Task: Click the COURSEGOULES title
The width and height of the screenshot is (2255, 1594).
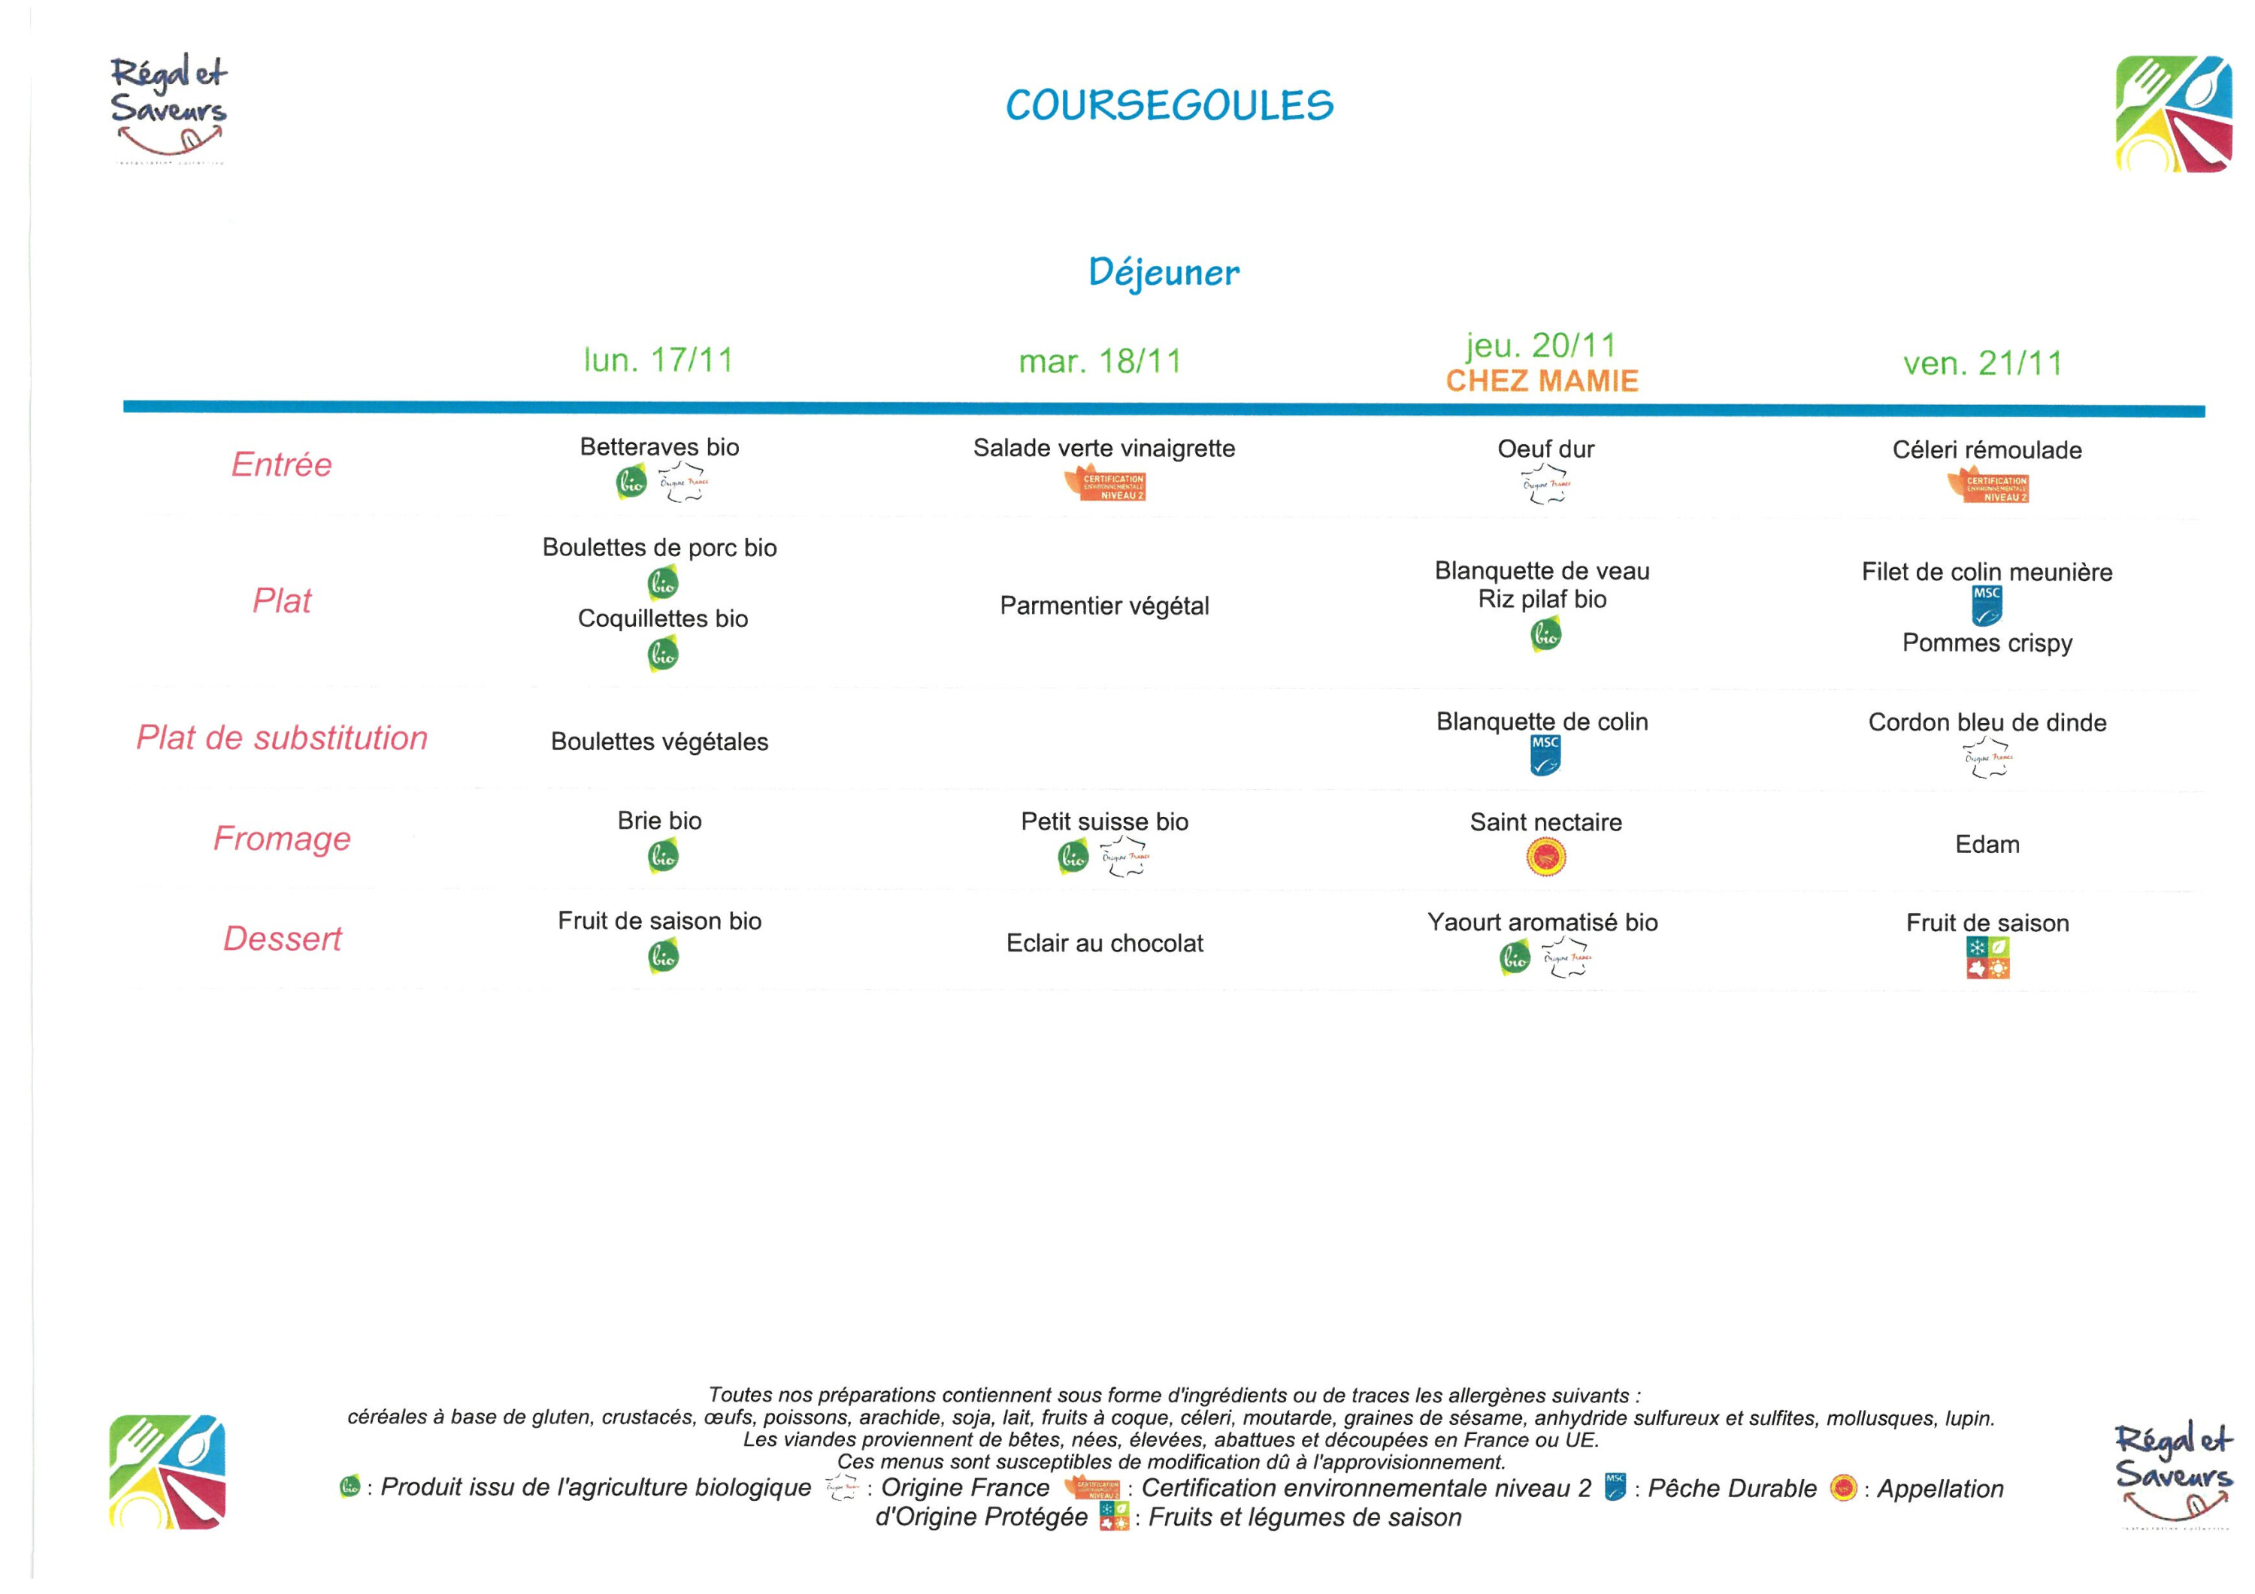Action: pyautogui.click(x=1169, y=106)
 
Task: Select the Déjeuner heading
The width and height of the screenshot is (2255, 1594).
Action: pyautogui.click(x=1164, y=272)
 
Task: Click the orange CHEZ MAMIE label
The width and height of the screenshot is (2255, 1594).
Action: pyautogui.click(x=1542, y=381)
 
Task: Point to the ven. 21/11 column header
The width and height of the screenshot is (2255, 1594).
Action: pyautogui.click(x=1983, y=364)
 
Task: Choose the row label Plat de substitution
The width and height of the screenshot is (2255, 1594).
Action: pyautogui.click(x=282, y=737)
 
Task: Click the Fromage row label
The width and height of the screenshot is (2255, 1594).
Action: pyautogui.click(x=282, y=839)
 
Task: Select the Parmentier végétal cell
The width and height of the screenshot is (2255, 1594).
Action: pyautogui.click(x=1104, y=606)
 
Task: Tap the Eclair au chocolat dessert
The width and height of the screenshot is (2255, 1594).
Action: pyautogui.click(x=1104, y=944)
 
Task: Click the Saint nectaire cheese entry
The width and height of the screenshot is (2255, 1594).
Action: pyautogui.click(x=1545, y=823)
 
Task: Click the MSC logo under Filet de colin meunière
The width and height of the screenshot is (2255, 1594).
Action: pyautogui.click(x=1987, y=606)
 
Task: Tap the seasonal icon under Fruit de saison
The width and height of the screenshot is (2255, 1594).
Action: pyautogui.click(x=1987, y=957)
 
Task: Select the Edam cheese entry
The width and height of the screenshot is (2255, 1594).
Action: pyautogui.click(x=1987, y=845)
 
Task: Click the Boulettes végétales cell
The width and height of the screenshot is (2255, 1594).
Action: pyautogui.click(x=659, y=742)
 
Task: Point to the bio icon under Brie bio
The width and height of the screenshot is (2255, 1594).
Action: pyautogui.click(x=663, y=857)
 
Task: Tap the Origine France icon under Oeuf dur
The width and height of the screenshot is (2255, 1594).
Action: pyautogui.click(x=1546, y=484)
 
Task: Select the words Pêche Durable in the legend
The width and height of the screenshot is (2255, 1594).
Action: pyautogui.click(x=1732, y=1489)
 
